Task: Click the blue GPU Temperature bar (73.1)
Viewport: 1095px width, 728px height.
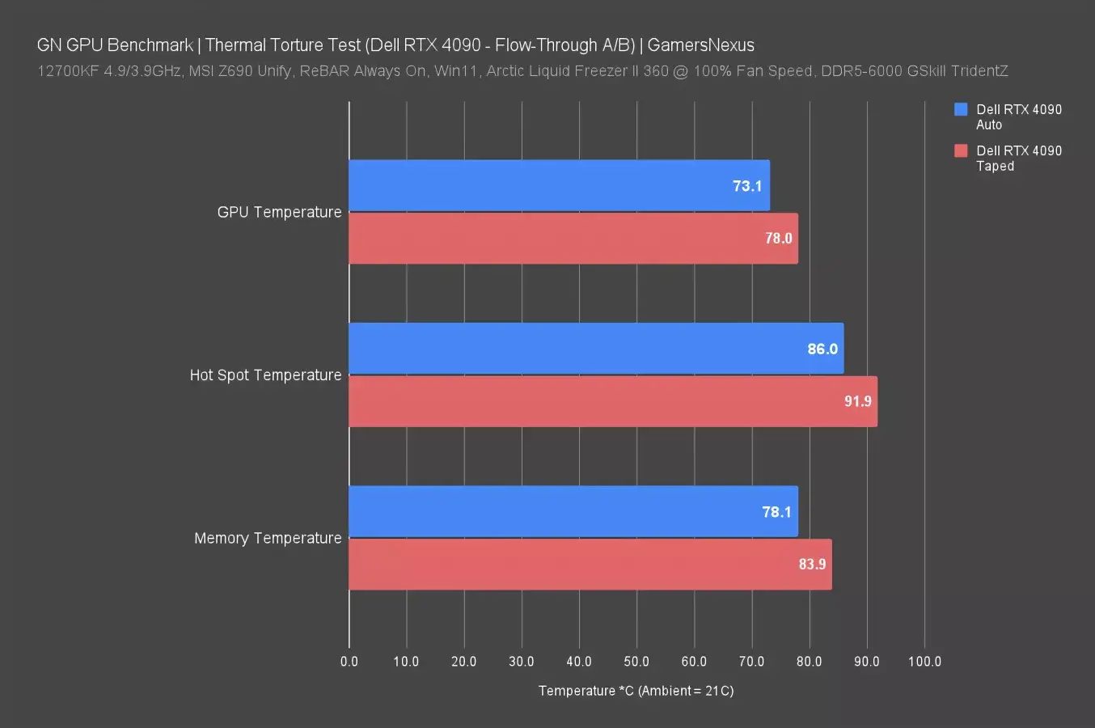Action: click(x=559, y=186)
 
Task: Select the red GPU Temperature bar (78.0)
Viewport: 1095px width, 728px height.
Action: click(x=573, y=239)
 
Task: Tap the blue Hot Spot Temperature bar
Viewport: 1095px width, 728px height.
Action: click(x=596, y=349)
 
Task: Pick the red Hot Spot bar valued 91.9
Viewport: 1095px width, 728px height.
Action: click(x=612, y=401)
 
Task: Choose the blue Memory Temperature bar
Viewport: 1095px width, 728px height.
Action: click(x=573, y=511)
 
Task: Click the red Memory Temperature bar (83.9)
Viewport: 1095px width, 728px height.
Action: click(x=590, y=565)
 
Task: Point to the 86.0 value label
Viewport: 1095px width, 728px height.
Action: click(x=822, y=349)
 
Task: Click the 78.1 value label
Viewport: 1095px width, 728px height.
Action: click(x=776, y=512)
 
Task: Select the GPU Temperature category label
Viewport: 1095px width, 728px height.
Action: click(x=279, y=212)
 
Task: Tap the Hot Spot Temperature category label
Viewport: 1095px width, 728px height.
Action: click(x=265, y=375)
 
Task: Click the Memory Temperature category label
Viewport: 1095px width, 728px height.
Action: click(x=268, y=539)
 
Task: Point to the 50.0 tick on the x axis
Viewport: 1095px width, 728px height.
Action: click(x=636, y=662)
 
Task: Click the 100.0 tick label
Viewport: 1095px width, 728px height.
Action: click(x=924, y=662)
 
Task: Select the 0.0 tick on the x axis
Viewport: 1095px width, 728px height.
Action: click(x=349, y=662)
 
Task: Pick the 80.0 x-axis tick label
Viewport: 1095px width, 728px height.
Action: click(x=809, y=662)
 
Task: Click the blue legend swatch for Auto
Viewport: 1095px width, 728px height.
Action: click(x=961, y=109)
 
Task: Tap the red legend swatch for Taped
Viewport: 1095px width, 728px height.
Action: click(x=961, y=150)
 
